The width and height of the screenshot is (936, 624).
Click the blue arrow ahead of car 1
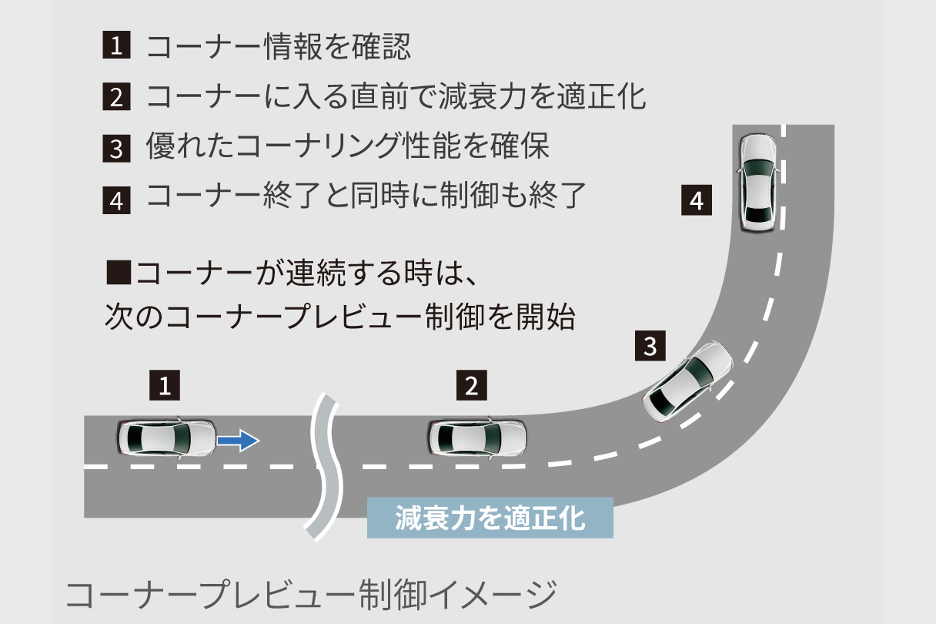[x=238, y=441]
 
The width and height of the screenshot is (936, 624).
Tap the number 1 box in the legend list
[x=116, y=45]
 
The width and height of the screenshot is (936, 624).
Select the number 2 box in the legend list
[x=116, y=96]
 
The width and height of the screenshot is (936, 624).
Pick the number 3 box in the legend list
[x=116, y=149]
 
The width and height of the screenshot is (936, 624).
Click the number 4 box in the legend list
[x=116, y=200]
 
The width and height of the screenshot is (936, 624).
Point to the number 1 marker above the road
[x=165, y=385]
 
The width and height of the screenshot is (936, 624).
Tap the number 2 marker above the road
[x=472, y=385]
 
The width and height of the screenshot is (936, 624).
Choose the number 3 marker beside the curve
[x=650, y=346]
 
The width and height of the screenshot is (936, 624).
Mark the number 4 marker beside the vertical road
[x=697, y=200]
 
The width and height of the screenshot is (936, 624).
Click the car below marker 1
[x=167, y=438]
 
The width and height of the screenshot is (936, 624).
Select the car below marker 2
[x=477, y=438]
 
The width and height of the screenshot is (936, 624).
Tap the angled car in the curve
[x=687, y=383]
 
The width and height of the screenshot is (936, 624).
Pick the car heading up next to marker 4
[x=758, y=183]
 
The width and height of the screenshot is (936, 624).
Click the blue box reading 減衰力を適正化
[x=490, y=518]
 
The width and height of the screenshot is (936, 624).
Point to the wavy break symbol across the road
[x=325, y=466]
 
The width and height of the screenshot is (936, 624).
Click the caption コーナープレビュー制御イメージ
[x=311, y=595]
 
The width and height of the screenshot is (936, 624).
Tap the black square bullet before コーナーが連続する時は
[x=119, y=272]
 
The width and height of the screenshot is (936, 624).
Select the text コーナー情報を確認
[x=279, y=46]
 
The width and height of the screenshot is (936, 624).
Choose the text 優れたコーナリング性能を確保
[x=348, y=146]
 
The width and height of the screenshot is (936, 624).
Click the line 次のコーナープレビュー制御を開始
[x=340, y=317]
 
